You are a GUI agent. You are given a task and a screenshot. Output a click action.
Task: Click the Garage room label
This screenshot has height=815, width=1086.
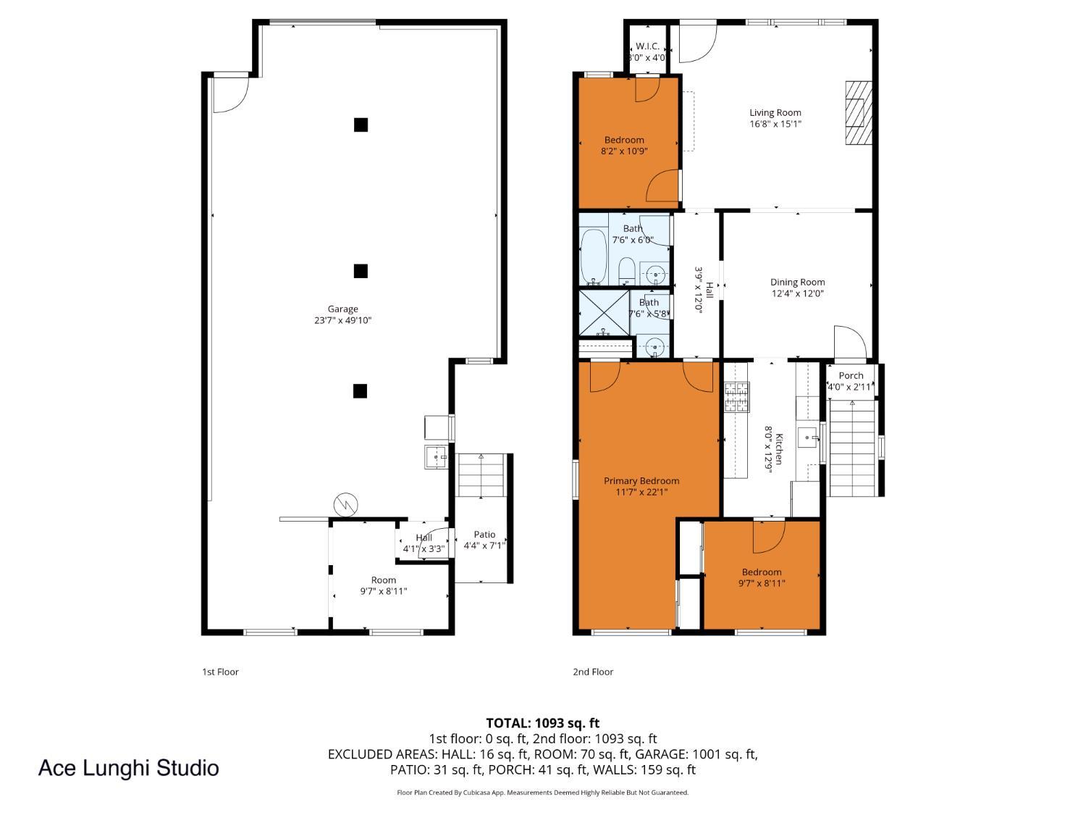tap(342, 309)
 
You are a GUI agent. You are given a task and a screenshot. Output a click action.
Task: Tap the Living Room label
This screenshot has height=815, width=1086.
tap(775, 113)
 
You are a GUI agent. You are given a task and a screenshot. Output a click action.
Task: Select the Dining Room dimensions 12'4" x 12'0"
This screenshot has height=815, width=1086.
tap(797, 293)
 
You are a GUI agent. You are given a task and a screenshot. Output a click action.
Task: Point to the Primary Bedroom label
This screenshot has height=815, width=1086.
tap(641, 480)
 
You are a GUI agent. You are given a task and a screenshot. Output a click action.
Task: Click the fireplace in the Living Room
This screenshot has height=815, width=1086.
tap(859, 113)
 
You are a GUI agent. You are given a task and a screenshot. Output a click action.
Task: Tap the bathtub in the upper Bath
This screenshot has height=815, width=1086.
tap(593, 256)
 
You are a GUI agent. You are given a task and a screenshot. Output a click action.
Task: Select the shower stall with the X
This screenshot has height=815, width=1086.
tap(604, 313)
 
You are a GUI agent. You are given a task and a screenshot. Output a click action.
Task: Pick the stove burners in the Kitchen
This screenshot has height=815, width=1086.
tap(737, 397)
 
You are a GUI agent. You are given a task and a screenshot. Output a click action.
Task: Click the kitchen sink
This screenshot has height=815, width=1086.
tap(807, 438)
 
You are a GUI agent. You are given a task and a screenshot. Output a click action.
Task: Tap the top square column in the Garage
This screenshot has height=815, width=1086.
tap(361, 125)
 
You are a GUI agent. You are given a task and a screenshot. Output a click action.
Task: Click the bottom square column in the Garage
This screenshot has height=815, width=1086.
tap(360, 391)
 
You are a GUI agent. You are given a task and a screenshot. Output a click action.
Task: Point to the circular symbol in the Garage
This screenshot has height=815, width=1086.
tap(346, 505)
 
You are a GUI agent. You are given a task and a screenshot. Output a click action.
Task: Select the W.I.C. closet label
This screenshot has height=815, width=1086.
tap(647, 46)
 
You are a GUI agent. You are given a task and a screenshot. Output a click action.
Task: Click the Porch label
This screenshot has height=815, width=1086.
tap(851, 375)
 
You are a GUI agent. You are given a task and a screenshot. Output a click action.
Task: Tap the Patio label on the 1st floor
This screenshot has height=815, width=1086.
tap(484, 535)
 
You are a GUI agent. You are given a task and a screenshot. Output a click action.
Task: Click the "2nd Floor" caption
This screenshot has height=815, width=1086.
tap(593, 672)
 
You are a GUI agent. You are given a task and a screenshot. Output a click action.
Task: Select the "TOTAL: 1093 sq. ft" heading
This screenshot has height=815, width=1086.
tap(543, 724)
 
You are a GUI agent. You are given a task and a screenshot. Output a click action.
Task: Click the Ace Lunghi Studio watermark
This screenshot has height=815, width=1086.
tap(129, 768)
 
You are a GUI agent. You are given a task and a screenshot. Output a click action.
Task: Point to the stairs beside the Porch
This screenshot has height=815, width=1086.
tap(852, 448)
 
